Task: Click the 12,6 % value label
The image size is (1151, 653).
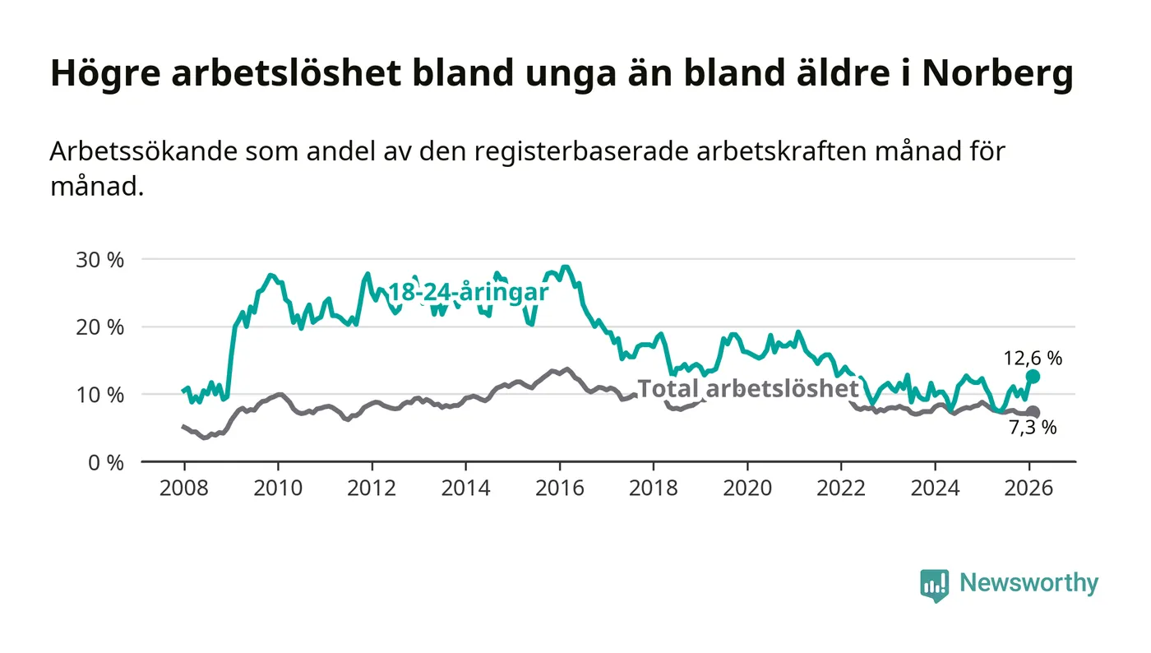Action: [x=1033, y=359]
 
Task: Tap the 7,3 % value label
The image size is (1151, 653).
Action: [x=1032, y=428]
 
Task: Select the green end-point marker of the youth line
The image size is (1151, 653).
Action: [x=1033, y=376]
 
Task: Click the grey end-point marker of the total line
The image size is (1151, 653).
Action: [x=1033, y=412]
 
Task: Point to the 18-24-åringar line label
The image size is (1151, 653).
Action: [x=468, y=293]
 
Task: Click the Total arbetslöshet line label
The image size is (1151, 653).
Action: [x=748, y=388]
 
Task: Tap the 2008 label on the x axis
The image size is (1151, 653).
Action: [x=184, y=489]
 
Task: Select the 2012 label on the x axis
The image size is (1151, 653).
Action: [x=372, y=489]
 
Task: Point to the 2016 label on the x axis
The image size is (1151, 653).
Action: [x=560, y=489]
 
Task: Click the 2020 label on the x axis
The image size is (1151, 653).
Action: [x=747, y=489]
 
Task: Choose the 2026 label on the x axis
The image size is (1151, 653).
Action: [x=1029, y=489]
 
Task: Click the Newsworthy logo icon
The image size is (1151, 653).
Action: [x=934, y=585]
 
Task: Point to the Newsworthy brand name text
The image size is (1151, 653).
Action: [x=1029, y=583]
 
